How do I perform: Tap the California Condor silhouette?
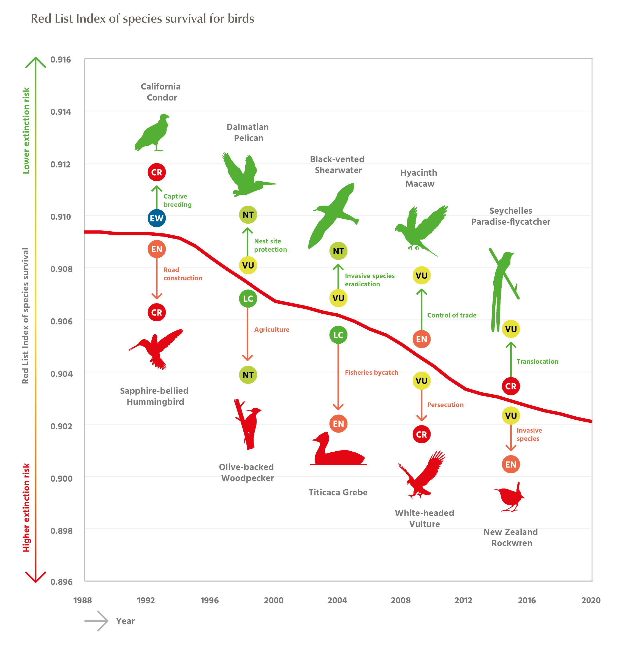(152, 133)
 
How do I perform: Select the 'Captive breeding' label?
(177, 200)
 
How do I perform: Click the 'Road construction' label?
(182, 274)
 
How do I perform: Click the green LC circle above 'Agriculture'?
(248, 298)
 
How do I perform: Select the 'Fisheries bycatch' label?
(371, 373)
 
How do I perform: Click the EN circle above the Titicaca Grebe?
(338, 424)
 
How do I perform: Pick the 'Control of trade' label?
(451, 315)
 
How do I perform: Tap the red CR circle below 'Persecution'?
(421, 435)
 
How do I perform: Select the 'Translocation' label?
(537, 362)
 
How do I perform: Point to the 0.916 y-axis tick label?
(60, 60)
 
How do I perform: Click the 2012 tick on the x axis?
(463, 600)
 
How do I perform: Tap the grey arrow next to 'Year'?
(96, 621)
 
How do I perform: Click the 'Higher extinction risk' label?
(26, 507)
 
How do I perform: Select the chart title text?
(142, 19)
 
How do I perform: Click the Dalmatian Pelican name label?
(248, 132)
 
